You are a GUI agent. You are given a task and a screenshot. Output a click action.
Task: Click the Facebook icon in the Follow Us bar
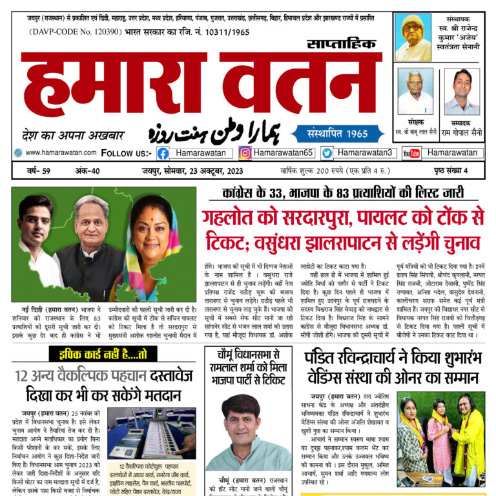point(163,153)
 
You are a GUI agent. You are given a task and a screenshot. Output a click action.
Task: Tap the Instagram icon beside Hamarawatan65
point(245,153)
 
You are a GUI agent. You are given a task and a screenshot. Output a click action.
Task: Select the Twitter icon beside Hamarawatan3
point(327,153)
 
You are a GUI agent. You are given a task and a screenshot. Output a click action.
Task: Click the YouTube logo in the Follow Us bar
point(411,153)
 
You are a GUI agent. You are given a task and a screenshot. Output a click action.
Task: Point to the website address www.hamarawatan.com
point(61,152)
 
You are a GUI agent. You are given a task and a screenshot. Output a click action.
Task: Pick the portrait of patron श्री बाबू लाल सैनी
point(415,91)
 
